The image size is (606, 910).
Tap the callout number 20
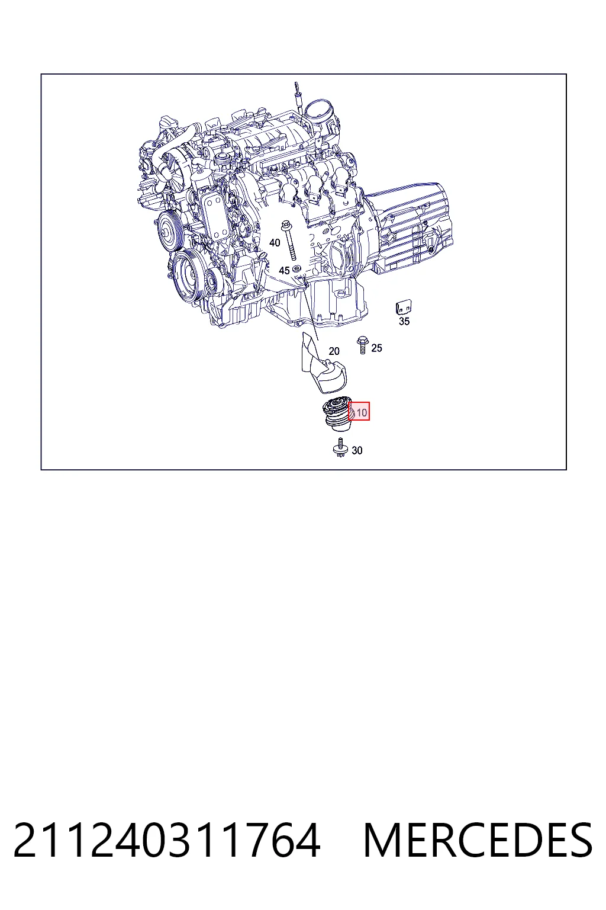click(x=334, y=351)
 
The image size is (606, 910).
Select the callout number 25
click(x=376, y=348)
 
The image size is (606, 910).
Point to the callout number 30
click(x=357, y=450)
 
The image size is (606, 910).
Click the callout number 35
click(x=404, y=321)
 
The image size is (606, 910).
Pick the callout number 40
click(x=275, y=243)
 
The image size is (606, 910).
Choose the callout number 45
click(x=284, y=271)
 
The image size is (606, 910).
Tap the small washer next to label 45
click(x=296, y=268)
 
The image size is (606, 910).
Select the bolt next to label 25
click(x=362, y=345)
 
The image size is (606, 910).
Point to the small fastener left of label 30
click(x=340, y=447)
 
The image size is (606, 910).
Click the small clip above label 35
click(x=404, y=307)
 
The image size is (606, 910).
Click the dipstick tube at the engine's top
click(x=299, y=98)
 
